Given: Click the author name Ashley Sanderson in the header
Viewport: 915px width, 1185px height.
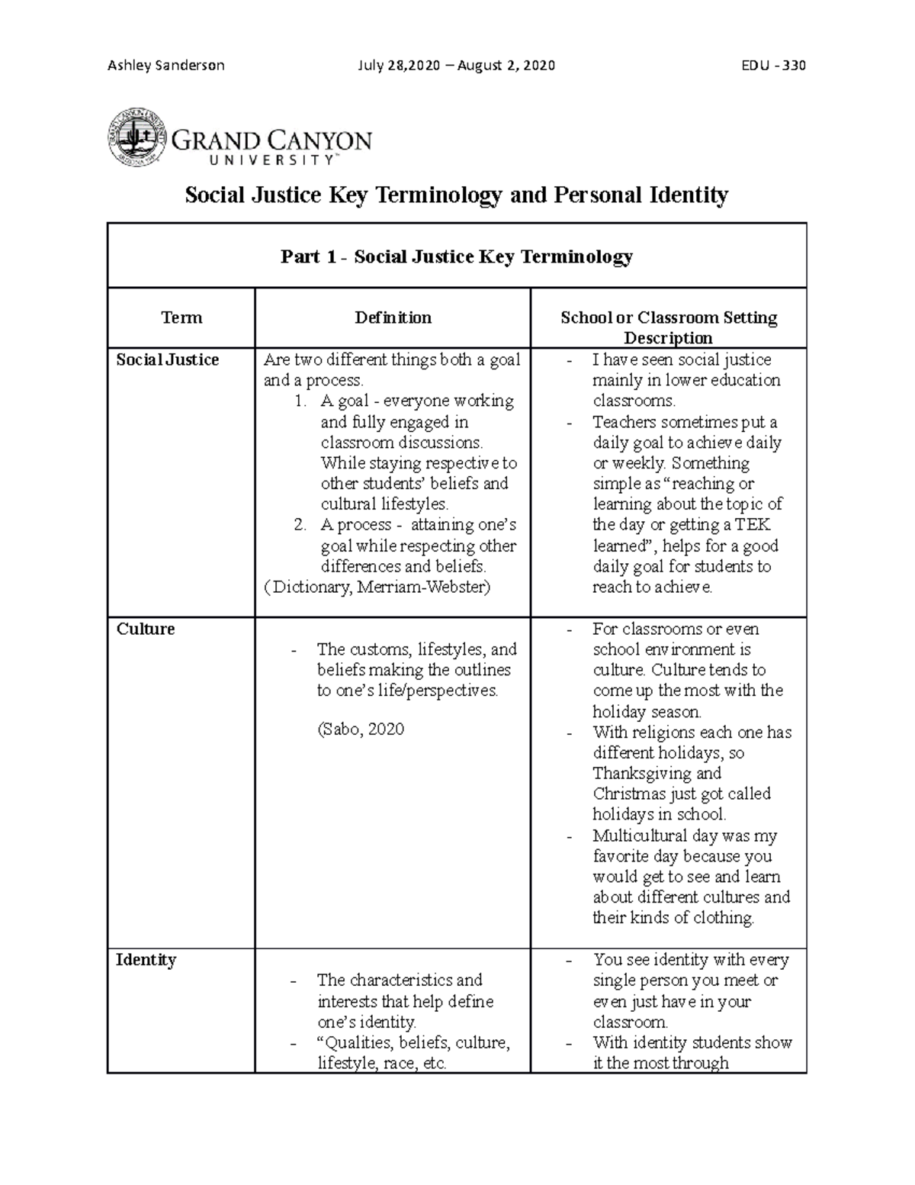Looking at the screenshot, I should [165, 65].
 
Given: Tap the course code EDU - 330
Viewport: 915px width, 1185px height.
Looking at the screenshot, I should [773, 65].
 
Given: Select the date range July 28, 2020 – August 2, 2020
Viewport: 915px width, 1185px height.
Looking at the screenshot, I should [456, 65].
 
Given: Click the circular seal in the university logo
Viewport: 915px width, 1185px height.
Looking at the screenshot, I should [136, 137].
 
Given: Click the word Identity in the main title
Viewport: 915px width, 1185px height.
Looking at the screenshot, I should [684, 195].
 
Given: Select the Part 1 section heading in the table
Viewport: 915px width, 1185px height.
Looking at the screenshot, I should [456, 256].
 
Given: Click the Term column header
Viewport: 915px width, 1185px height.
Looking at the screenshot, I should [181, 317].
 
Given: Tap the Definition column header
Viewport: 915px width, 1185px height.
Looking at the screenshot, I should [393, 317].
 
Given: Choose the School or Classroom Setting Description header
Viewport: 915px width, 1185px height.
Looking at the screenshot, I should [668, 327].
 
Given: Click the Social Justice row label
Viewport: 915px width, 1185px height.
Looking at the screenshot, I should [167, 359].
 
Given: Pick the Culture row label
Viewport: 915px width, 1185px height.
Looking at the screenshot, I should [145, 629].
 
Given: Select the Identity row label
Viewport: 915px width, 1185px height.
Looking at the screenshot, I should [146, 959].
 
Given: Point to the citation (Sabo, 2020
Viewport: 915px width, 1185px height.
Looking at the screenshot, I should [360, 729].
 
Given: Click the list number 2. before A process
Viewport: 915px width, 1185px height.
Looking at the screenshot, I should [300, 525].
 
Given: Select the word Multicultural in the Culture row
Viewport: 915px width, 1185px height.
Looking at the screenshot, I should [640, 836].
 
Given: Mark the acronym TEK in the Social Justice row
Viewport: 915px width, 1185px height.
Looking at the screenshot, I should [753, 525].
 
